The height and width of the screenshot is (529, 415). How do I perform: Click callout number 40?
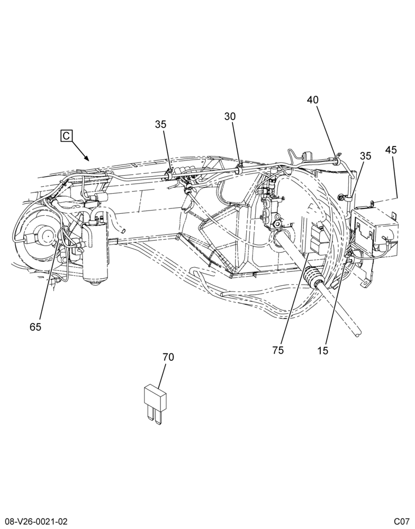pyautogui.click(x=313, y=100)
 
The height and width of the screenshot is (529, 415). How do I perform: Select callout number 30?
pyautogui.click(x=230, y=116)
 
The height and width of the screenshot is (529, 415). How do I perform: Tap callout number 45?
pyautogui.click(x=391, y=150)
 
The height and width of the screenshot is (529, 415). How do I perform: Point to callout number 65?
pyautogui.click(x=35, y=327)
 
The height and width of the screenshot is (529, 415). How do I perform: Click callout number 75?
pyautogui.click(x=278, y=351)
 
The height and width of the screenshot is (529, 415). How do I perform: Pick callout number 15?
pyautogui.click(x=323, y=351)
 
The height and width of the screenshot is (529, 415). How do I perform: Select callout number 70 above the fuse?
pyautogui.click(x=168, y=357)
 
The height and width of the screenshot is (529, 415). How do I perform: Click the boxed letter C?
pyautogui.click(x=66, y=135)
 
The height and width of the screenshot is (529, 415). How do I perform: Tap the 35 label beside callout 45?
pyautogui.click(x=365, y=156)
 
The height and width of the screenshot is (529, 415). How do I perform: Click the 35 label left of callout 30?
pyautogui.click(x=161, y=124)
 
